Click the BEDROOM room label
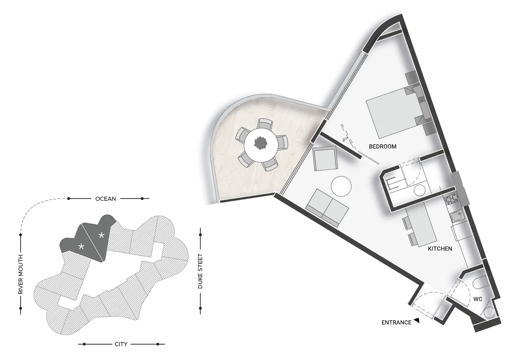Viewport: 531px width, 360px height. pos(382,146)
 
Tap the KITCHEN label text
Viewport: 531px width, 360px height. pos(440,248)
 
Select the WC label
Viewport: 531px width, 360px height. pos(477,299)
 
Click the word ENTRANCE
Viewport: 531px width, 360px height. pos(396,322)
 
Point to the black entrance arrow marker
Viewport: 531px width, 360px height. pos(417,320)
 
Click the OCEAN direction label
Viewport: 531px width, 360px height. pos(105,198)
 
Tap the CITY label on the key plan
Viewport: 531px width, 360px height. pos(121,344)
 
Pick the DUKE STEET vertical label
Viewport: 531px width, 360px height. pos(200,271)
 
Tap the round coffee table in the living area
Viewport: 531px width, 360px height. pos(341,186)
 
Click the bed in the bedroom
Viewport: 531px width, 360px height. pos(391,112)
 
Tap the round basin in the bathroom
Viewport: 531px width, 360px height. pos(419,190)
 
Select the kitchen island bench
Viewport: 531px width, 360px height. pos(424,226)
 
